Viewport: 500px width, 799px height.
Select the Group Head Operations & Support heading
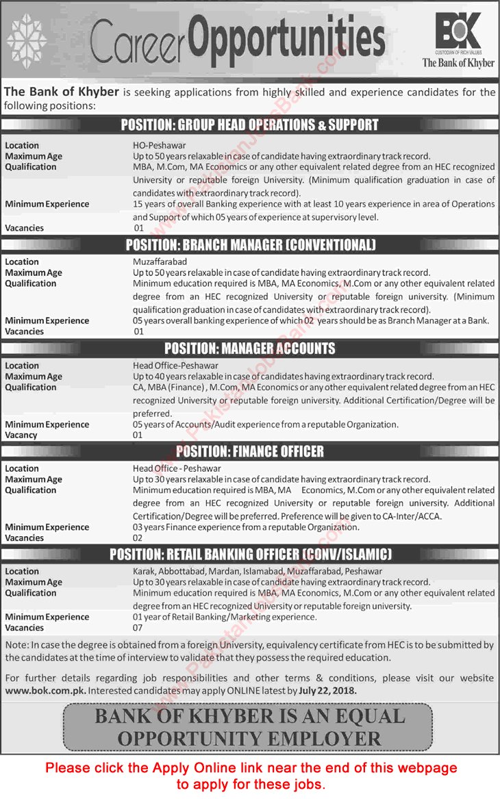coord(249,125)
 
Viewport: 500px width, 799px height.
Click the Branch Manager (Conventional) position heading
coord(249,245)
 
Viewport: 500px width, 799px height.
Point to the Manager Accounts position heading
coord(249,348)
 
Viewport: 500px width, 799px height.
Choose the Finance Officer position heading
coord(249,451)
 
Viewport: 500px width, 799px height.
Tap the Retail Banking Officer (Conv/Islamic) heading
coord(249,554)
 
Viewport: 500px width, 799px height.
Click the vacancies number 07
coord(138,628)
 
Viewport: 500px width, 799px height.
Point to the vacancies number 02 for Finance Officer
coord(138,538)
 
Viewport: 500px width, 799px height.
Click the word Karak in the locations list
coord(145,571)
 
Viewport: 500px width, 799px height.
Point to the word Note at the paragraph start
coord(15,645)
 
